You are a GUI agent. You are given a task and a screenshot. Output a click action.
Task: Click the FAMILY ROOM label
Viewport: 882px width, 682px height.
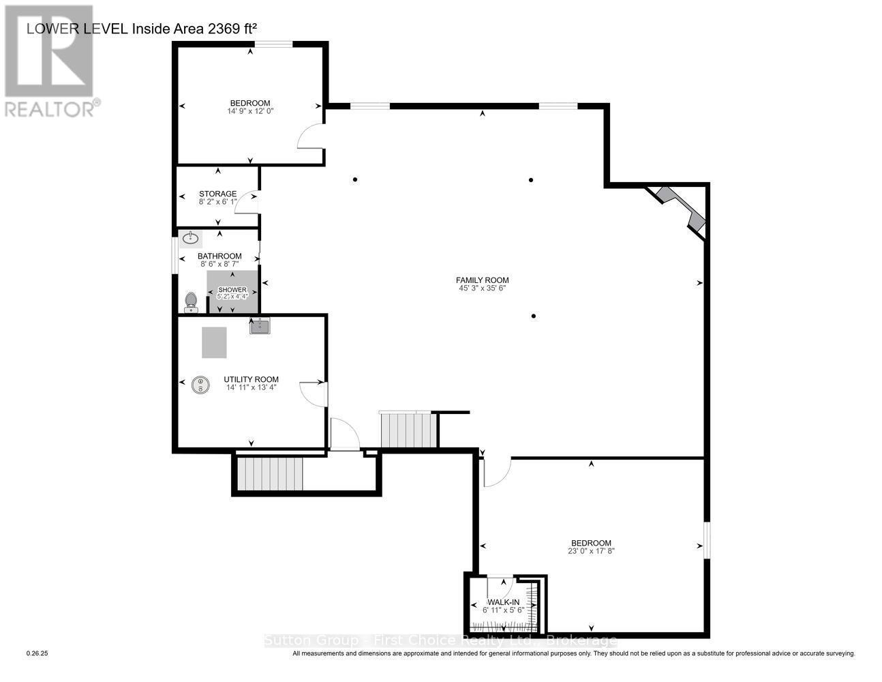click(x=482, y=280)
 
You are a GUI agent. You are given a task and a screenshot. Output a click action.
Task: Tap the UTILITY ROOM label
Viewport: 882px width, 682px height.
click(x=251, y=379)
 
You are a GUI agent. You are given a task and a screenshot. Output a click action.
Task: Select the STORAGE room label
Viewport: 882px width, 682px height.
click(x=217, y=194)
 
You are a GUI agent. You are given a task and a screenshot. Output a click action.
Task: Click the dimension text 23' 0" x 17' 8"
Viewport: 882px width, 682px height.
click(x=591, y=551)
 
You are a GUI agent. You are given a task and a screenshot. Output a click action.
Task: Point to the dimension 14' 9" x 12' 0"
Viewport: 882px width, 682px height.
click(x=250, y=110)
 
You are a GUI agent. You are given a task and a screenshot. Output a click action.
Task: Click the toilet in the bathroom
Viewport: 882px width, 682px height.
click(x=191, y=301)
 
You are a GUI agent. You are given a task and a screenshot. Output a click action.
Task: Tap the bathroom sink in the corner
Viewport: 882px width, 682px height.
click(x=190, y=239)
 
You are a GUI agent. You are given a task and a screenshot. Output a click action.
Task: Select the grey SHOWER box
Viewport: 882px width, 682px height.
click(x=232, y=292)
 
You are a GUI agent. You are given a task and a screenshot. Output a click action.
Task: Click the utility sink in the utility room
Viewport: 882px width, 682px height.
click(x=260, y=327)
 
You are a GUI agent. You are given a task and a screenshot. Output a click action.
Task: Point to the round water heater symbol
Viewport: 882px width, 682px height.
click(x=200, y=385)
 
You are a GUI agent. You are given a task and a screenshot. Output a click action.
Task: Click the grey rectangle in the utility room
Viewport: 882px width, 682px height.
click(x=214, y=342)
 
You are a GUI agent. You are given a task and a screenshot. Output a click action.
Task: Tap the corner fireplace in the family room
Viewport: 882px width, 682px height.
click(x=678, y=209)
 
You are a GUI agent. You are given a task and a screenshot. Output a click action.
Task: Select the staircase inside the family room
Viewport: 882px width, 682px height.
click(x=408, y=430)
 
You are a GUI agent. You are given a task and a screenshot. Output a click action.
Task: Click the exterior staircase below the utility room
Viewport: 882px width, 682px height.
click(x=269, y=473)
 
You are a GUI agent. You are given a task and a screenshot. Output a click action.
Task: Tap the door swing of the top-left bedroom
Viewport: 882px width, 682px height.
click(x=310, y=136)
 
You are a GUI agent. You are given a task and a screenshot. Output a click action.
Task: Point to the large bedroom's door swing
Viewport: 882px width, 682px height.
click(x=497, y=472)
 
